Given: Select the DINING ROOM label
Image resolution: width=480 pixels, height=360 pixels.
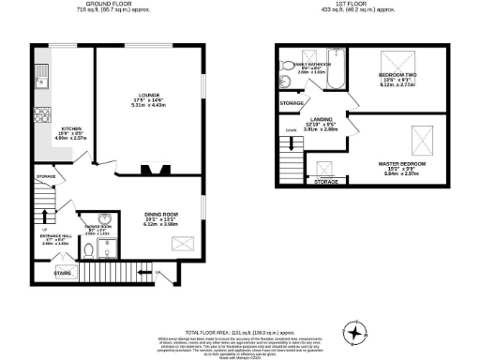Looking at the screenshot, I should pos(155,215).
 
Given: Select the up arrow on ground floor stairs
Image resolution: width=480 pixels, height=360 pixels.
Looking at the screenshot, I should pos(41,228).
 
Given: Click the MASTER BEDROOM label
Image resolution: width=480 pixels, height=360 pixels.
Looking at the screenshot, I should pos(401,164).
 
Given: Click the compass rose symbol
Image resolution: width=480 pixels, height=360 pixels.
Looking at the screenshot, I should pos(357,330).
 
